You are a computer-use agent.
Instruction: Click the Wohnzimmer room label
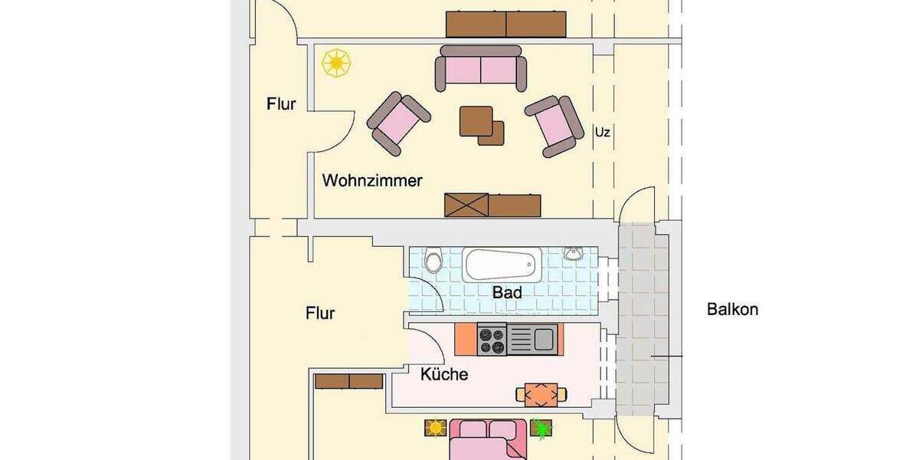372,181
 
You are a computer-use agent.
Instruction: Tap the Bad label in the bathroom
507,292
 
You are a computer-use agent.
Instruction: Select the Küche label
444,375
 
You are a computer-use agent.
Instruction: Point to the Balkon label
732,310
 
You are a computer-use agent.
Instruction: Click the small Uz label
603,133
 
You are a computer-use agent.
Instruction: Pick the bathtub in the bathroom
502,264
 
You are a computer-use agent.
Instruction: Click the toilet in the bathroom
433,261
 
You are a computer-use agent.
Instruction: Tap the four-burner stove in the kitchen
492,340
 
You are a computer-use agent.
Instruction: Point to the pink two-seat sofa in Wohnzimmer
482,68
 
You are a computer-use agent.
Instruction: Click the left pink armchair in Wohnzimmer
398,120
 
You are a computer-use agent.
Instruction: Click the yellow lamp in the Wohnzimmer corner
335,63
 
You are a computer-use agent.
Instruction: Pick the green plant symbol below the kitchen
542,429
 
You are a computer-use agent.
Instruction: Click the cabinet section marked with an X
466,205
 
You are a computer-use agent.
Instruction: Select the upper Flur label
281,104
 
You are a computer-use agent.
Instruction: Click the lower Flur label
320,313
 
